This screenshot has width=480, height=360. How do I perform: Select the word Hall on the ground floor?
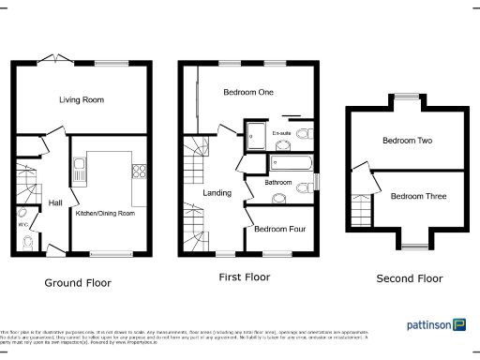click(x=54, y=202)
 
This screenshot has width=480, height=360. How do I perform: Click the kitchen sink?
click(x=82, y=172)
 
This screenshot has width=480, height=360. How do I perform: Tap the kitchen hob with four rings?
click(x=139, y=171)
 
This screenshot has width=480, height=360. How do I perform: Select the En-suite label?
click(x=280, y=134)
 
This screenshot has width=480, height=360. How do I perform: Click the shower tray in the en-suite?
click(x=255, y=137)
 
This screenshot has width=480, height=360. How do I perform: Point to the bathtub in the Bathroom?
click(x=282, y=163)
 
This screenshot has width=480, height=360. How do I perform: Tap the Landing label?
click(x=217, y=193)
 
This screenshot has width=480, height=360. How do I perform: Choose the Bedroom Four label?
click(x=277, y=229)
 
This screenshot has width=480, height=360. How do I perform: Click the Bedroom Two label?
click(x=407, y=141)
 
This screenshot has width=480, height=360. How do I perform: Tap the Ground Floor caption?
click(x=78, y=282)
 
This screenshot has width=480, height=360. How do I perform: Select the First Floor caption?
click(x=245, y=277)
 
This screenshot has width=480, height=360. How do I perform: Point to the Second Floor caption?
click(x=409, y=278)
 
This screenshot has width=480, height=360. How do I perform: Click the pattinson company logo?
click(x=436, y=324)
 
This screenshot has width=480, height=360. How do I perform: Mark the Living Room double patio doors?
click(x=59, y=62)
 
